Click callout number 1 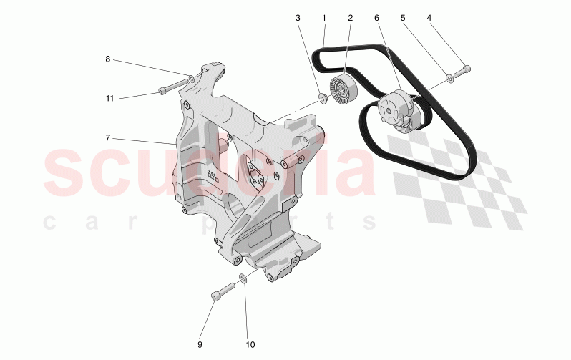[x=324, y=17]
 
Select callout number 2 [x=351, y=17]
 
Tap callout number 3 [x=298, y=17]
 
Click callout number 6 [x=377, y=17]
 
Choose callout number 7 [x=108, y=137]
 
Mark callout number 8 [x=108, y=59]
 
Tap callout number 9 [x=200, y=344]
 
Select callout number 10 [x=250, y=344]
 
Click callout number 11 [x=109, y=98]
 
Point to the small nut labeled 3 [x=323, y=97]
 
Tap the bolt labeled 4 [x=462, y=70]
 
